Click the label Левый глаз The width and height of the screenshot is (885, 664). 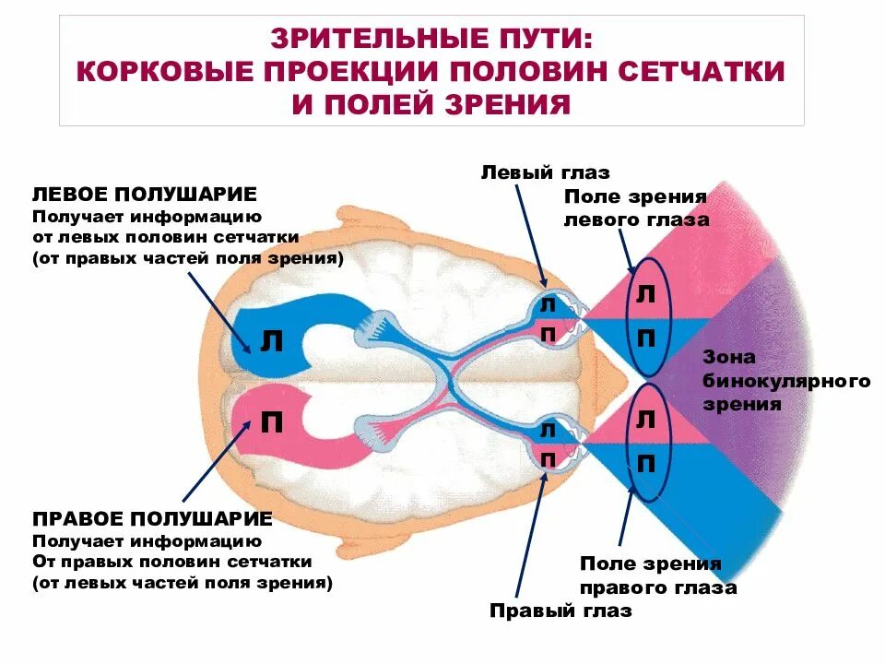click(x=545, y=172)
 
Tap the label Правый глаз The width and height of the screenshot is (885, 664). click(x=560, y=611)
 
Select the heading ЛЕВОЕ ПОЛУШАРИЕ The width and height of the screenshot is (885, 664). click(x=145, y=195)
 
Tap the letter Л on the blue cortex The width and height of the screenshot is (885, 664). click(x=271, y=342)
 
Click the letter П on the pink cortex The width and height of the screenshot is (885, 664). click(x=271, y=422)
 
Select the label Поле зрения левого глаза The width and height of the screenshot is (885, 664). click(x=636, y=208)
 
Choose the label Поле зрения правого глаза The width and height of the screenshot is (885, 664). click(x=657, y=575)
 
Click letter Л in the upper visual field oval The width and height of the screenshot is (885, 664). click(x=646, y=294)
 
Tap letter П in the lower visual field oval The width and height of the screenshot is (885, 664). click(x=646, y=463)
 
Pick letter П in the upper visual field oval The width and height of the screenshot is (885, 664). click(x=646, y=338)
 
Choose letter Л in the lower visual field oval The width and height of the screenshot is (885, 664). click(x=646, y=421)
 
